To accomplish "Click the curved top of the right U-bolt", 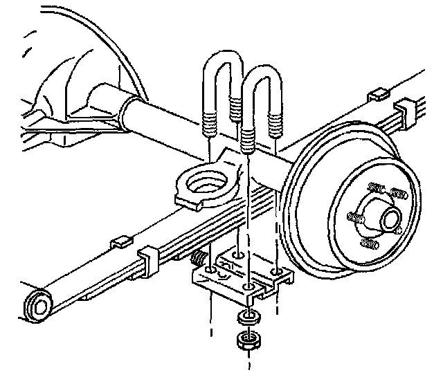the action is (260, 75).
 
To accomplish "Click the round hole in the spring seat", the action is (207, 183).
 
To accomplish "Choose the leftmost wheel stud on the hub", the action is (354, 218).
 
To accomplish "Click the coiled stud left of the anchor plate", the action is (197, 261).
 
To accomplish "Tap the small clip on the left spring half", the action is (120, 241).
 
